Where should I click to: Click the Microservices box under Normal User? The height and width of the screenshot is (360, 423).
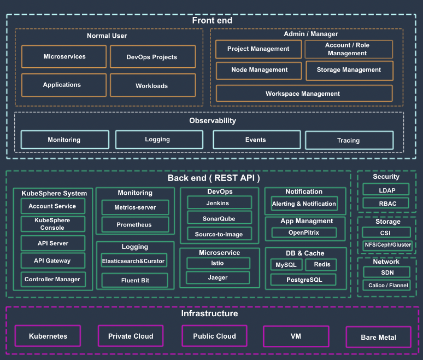(64, 56)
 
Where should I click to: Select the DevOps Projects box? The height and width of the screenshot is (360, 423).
(152, 57)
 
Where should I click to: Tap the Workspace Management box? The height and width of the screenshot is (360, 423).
(304, 94)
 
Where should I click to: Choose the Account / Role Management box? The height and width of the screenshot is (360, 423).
(349, 49)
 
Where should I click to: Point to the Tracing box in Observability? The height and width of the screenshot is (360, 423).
(349, 140)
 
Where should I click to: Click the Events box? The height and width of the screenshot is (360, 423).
(256, 140)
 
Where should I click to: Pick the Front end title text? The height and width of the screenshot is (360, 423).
(212, 20)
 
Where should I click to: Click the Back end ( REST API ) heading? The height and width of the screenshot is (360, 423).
(213, 178)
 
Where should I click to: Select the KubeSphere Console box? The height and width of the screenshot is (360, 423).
(53, 224)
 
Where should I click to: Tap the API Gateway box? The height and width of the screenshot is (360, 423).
(53, 260)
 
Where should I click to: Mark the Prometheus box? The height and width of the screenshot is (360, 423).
(135, 224)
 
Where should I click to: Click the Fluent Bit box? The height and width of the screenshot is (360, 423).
(134, 280)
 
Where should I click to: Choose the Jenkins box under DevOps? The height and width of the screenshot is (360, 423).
(219, 202)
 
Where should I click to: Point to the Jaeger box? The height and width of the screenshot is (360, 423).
(218, 277)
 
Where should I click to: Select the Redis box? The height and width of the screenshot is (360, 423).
(321, 264)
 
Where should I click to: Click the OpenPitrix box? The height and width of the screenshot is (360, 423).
(304, 233)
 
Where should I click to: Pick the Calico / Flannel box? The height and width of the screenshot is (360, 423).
(386, 285)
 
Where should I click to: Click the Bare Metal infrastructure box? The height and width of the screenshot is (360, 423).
(379, 337)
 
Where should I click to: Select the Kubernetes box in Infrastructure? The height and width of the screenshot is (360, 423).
(48, 336)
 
